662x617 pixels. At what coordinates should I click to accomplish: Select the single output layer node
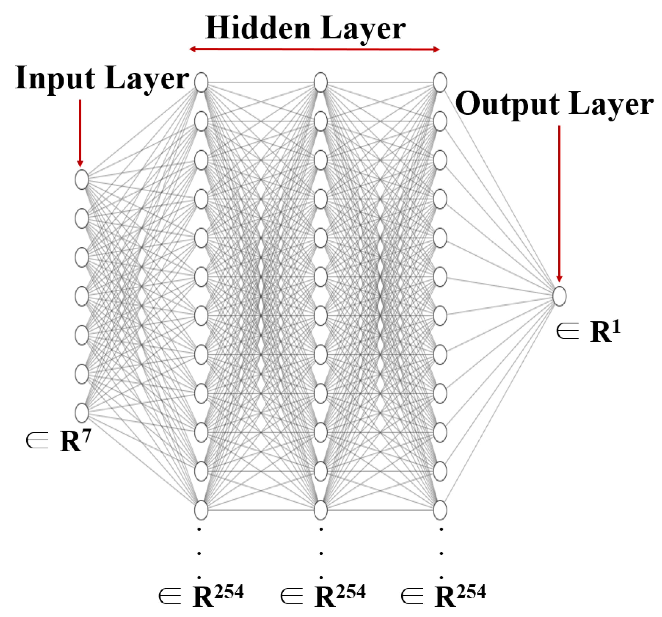pyautogui.click(x=559, y=296)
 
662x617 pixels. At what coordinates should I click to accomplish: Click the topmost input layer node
pyautogui.click(x=82, y=180)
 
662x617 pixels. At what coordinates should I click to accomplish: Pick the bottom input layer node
pyautogui.click(x=82, y=413)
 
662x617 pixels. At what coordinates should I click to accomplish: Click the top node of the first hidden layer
pyautogui.click(x=201, y=82)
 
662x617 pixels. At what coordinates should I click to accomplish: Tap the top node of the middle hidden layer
pyautogui.click(x=320, y=82)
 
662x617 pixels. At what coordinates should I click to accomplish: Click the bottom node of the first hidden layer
pyautogui.click(x=201, y=510)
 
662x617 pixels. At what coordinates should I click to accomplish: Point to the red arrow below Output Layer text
pyautogui.click(x=559, y=203)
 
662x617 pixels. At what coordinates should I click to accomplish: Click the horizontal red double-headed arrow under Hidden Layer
pyautogui.click(x=314, y=49)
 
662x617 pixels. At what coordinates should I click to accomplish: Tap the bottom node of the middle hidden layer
pyautogui.click(x=320, y=510)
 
